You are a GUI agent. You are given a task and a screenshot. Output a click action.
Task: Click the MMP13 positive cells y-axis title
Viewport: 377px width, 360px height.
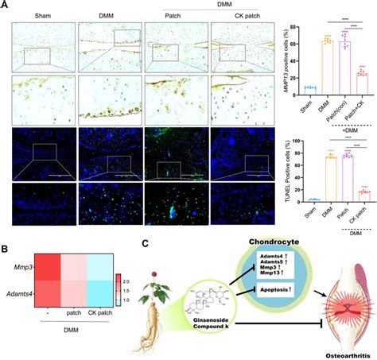click(284, 60)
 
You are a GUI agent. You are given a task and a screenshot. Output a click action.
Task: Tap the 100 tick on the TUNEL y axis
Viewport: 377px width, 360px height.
click(294, 142)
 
